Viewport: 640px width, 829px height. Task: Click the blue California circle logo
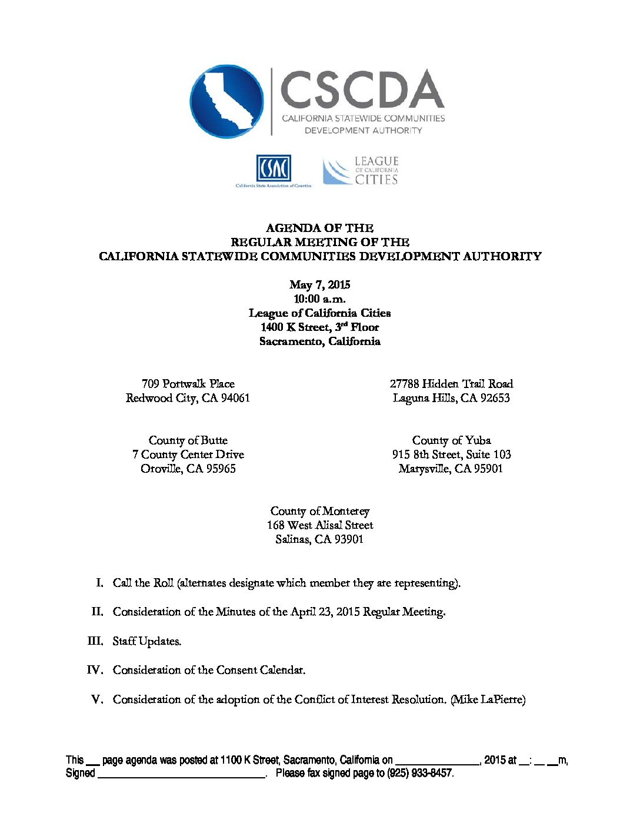pyautogui.click(x=226, y=101)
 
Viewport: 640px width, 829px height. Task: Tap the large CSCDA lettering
pyautogui.click(x=362, y=90)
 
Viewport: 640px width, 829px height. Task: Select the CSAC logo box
pyautogui.click(x=274, y=168)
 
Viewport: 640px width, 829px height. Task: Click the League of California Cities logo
pyautogui.click(x=361, y=171)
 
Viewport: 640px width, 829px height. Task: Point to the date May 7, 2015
pyautogui.click(x=319, y=285)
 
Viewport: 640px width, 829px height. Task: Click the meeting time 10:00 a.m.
pyautogui.click(x=319, y=299)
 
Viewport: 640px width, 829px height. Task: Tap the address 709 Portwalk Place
pyautogui.click(x=188, y=384)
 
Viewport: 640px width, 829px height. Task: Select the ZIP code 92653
pyautogui.click(x=495, y=398)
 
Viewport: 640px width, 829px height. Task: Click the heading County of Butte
pyautogui.click(x=188, y=440)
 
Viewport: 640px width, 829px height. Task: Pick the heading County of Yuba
pyautogui.click(x=451, y=440)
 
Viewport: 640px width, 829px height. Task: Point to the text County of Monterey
pyautogui.click(x=319, y=511)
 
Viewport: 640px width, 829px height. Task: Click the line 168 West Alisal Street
pyautogui.click(x=319, y=525)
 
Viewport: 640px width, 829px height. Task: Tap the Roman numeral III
pyautogui.click(x=95, y=641)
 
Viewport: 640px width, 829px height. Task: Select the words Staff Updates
pyautogui.click(x=147, y=641)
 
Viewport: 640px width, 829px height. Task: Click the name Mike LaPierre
pyautogui.click(x=488, y=699)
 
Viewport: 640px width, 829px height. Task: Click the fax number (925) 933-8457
pyautogui.click(x=419, y=773)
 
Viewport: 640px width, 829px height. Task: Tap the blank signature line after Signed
pyautogui.click(x=181, y=774)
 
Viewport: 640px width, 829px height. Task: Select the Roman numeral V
pyautogui.click(x=97, y=699)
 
